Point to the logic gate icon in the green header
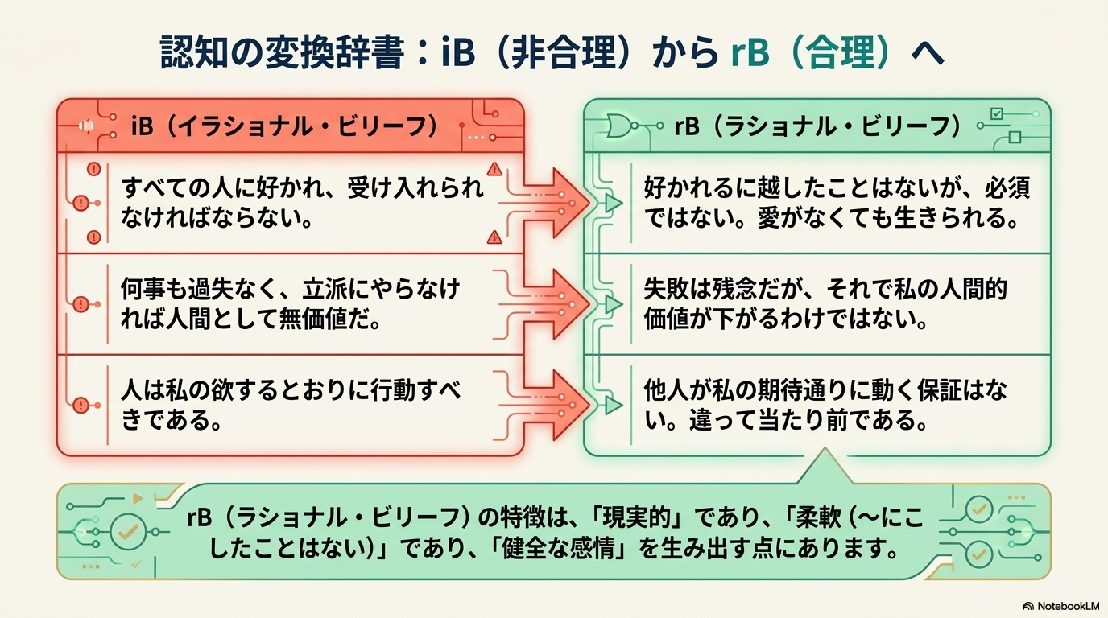620,126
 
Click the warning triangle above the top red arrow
494,169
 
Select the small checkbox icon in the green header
997,114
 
